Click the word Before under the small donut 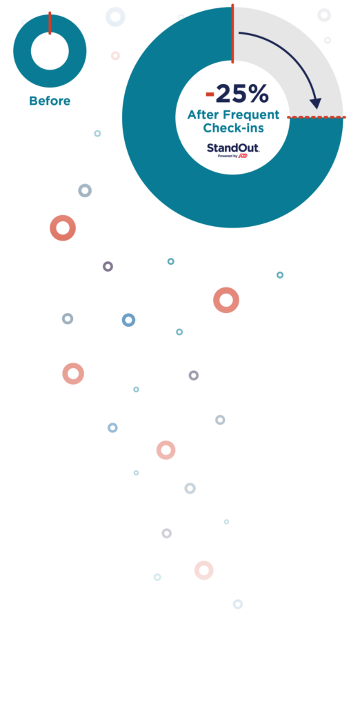[50, 101]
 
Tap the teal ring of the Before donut [23, 51]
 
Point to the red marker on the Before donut [50, 23]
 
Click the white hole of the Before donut [50, 51]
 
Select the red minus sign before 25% [210, 94]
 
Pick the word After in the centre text [201, 115]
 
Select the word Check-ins [233, 128]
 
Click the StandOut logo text [233, 148]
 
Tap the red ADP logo [243, 156]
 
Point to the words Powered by [228, 157]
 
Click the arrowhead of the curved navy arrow [317, 103]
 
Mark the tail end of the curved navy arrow [239, 33]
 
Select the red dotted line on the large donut [317, 117]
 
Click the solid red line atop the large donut [232, 34]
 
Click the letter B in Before [33, 101]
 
